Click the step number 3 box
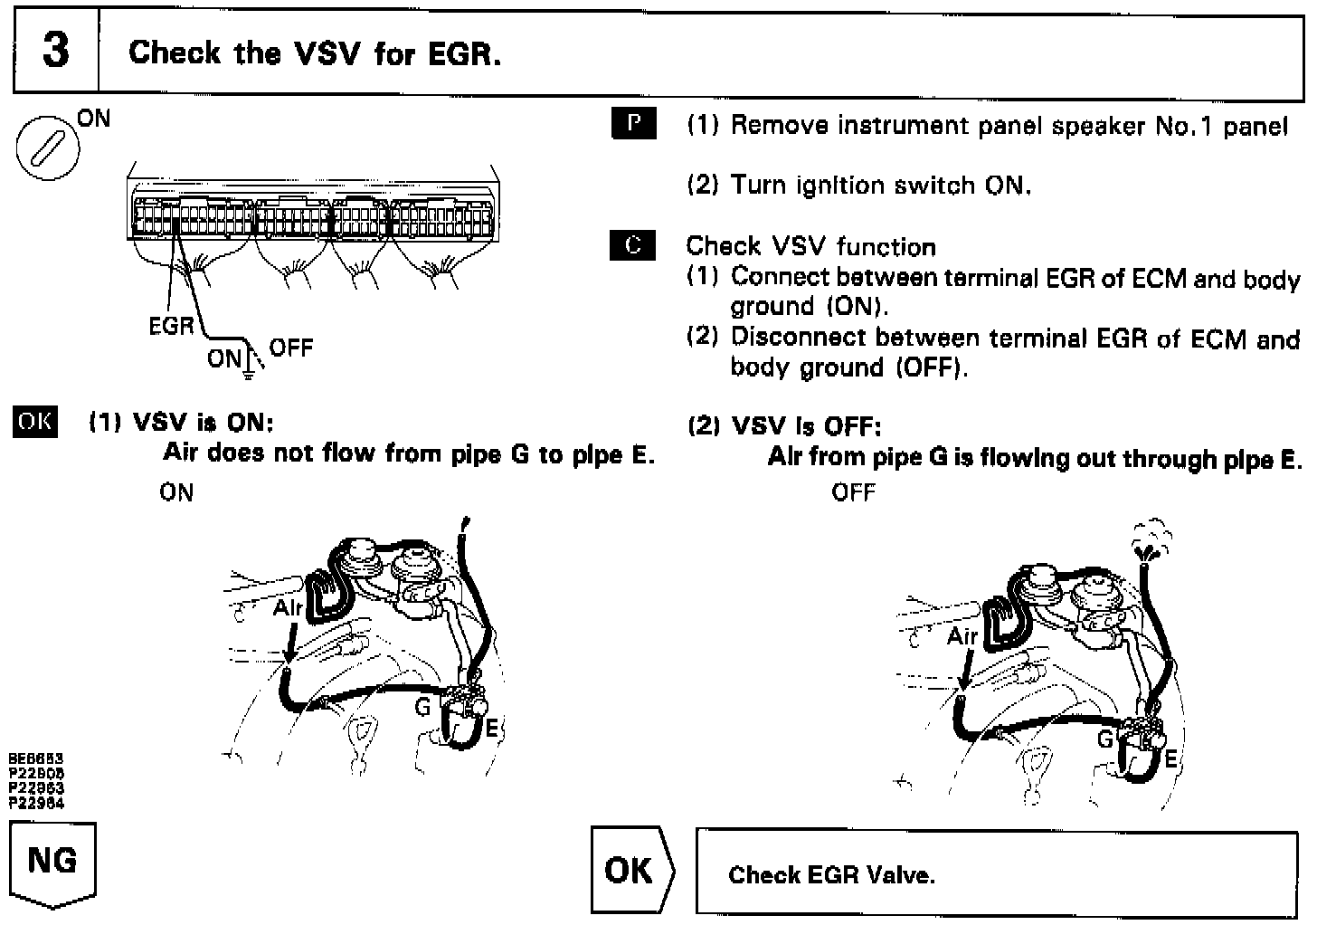point(55,52)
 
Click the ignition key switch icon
point(48,146)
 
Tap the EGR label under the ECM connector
point(171,325)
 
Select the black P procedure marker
point(633,124)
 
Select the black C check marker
point(633,245)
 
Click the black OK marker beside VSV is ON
point(34,423)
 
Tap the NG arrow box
point(52,862)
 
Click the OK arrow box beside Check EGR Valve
point(630,870)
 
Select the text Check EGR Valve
point(831,874)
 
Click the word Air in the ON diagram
point(289,607)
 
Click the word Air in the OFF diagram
point(962,636)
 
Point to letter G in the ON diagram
point(422,707)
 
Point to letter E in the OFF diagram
point(1170,758)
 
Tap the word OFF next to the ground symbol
point(291,348)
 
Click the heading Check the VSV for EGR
point(314,52)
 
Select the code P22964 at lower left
point(36,803)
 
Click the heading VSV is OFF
point(783,425)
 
